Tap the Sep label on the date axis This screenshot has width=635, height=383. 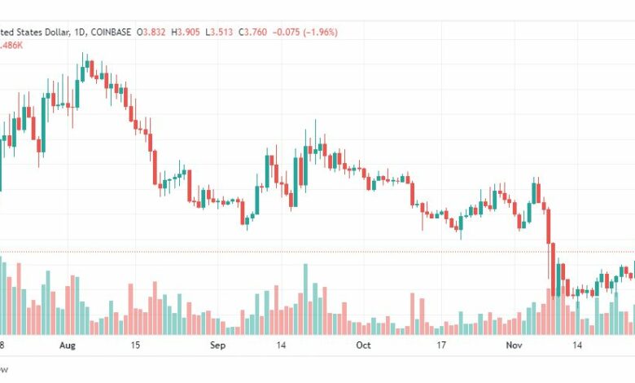point(217,345)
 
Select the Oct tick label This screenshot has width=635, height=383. point(363,345)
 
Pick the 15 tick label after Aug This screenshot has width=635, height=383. point(135,345)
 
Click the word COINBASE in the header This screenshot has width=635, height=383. point(111,33)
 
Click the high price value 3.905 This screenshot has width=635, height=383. point(193,33)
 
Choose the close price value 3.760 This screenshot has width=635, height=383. point(269,33)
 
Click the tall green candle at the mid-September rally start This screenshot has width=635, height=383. point(267,171)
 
